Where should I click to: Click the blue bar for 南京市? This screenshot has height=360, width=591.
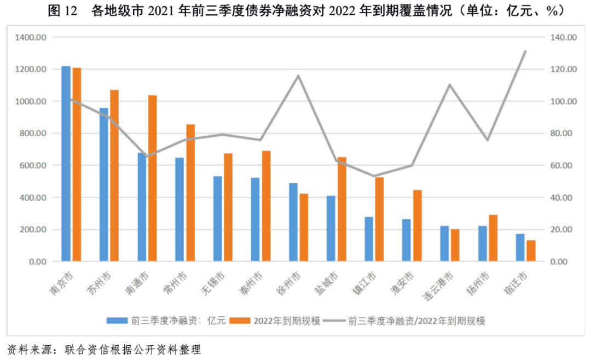(66, 164)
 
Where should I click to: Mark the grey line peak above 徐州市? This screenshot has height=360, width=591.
(298, 76)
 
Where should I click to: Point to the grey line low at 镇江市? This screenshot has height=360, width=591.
(374, 176)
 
